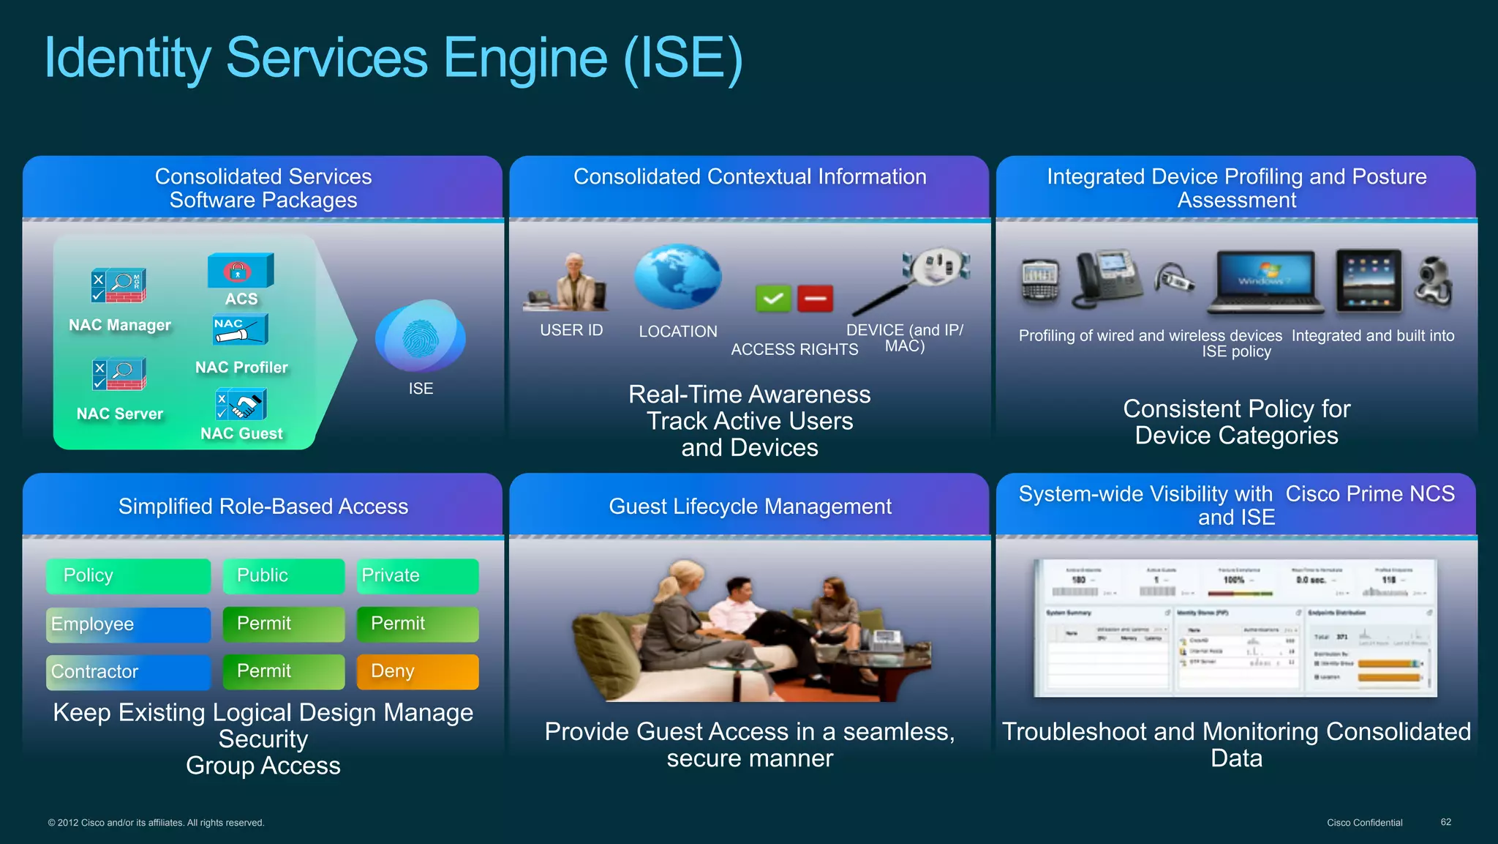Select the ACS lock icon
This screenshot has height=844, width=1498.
coord(240,271)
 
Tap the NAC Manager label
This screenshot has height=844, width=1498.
coord(120,325)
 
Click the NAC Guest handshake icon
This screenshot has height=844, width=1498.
coord(241,405)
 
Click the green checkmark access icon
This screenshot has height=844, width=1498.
coord(773,299)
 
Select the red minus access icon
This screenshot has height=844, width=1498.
coord(815,299)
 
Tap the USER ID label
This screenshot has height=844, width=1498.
coord(571,330)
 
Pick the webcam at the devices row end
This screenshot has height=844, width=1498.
coord(1433,283)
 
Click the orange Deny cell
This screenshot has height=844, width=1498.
coord(417,671)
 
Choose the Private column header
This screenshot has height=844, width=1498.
coord(417,575)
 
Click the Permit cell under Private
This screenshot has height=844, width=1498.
coord(417,624)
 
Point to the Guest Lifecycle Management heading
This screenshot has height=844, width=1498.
coord(750,507)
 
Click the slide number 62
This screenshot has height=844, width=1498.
coord(1445,822)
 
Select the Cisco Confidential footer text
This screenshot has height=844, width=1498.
coord(1364,823)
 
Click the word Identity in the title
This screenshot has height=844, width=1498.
coord(128,59)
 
